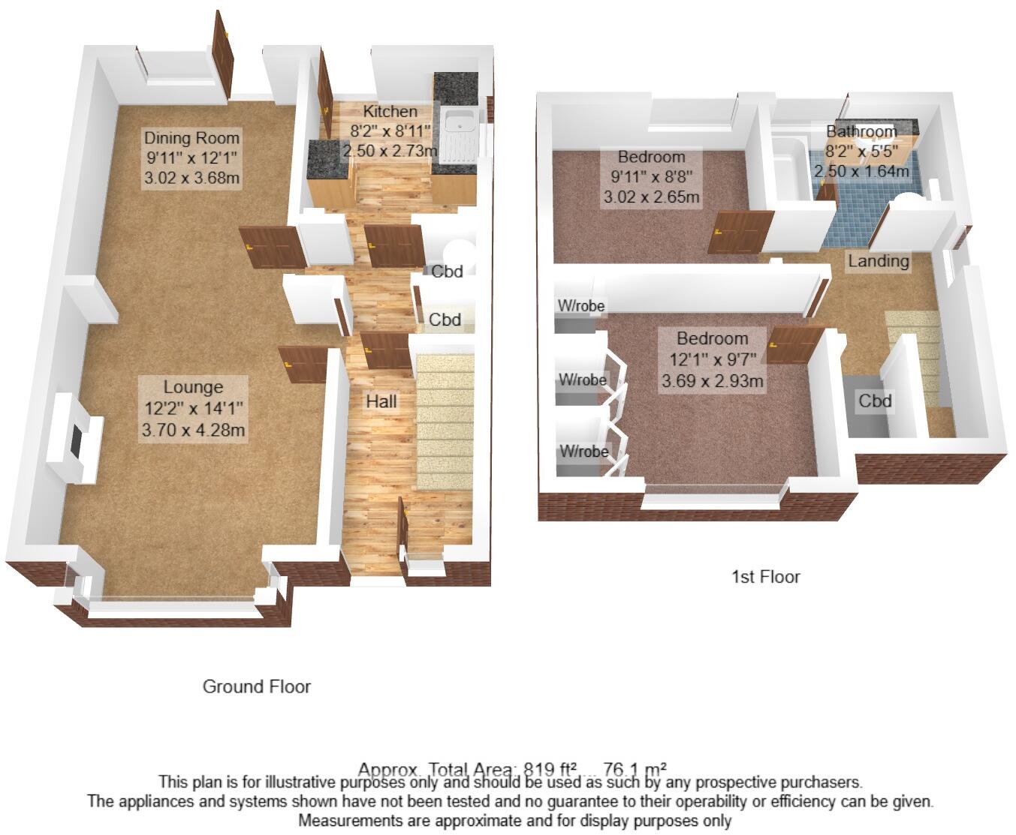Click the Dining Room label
(x=191, y=138)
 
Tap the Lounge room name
(x=193, y=387)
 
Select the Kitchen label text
(x=390, y=112)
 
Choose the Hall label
(x=381, y=401)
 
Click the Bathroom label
(x=861, y=132)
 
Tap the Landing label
(x=878, y=261)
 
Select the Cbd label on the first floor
(x=875, y=401)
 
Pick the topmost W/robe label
(x=580, y=305)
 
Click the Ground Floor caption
(x=256, y=686)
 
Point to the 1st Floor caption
(x=765, y=577)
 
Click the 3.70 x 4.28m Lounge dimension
(x=193, y=430)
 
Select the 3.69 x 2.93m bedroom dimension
(x=712, y=381)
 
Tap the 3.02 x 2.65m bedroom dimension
(x=651, y=198)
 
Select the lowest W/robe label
(x=583, y=451)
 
